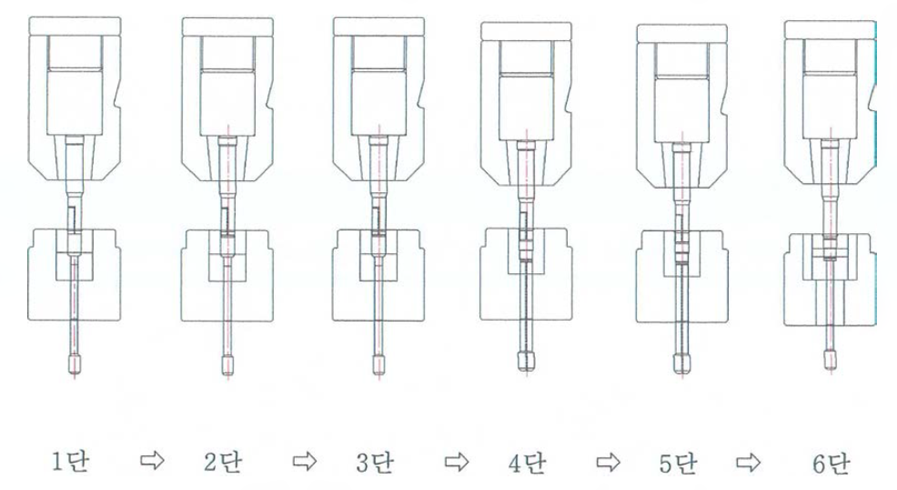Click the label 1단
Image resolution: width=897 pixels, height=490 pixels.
tap(71, 462)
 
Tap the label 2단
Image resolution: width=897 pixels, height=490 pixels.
tap(223, 462)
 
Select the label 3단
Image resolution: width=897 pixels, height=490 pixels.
tap(375, 462)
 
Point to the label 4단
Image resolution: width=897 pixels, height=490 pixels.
tap(527, 463)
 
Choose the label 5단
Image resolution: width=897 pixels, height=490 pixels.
tap(678, 463)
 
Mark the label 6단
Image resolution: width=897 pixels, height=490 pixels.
tap(831, 463)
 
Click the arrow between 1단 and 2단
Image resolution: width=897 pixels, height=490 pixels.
tap(152, 460)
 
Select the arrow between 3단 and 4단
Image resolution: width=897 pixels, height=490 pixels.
tap(457, 462)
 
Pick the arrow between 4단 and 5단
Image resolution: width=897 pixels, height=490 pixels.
tap(608, 462)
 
